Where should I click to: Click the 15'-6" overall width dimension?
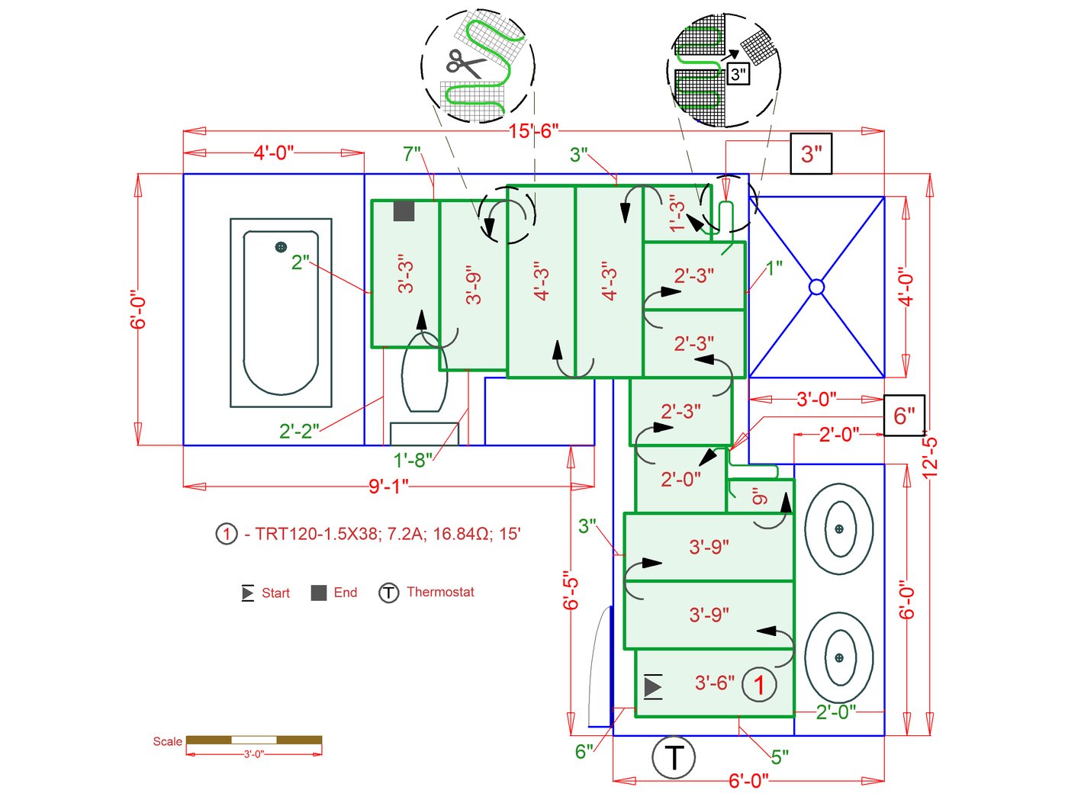pos(533,131)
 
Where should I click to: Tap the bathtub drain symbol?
pos(281,247)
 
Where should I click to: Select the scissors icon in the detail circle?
pos(465,64)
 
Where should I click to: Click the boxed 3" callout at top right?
pos(811,154)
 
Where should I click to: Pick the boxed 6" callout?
pos(904,416)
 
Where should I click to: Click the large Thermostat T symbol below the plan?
pos(674,758)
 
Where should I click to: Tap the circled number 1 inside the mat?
pos(759,684)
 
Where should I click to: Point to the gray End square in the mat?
pos(404,211)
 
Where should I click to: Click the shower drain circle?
pos(816,287)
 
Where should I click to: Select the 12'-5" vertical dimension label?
pos(929,455)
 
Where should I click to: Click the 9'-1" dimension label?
pos(388,486)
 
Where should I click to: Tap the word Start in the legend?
pos(275,593)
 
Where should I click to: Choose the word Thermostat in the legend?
pos(440,592)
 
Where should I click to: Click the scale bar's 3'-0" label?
pos(253,754)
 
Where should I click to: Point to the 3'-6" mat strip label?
pos(714,683)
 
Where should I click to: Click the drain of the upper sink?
pos(839,529)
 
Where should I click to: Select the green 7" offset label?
pos(412,155)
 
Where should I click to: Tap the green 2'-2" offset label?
pos(299,432)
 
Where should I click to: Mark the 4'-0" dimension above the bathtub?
pos(274,153)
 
